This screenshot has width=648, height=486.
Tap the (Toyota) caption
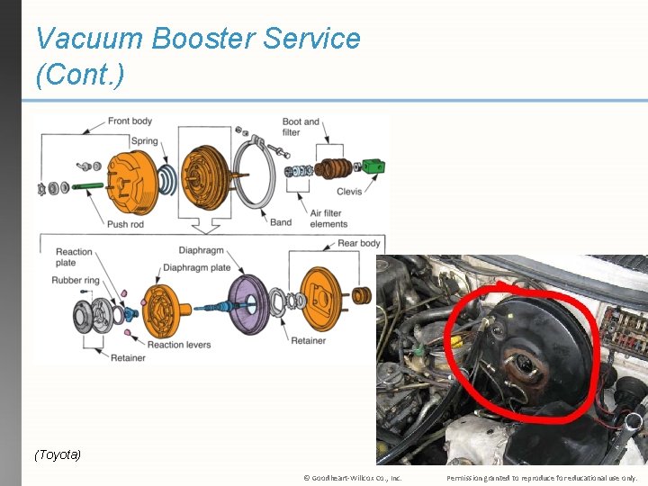(x=58, y=454)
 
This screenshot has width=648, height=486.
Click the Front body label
(x=130, y=121)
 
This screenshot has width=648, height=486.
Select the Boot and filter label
(x=301, y=127)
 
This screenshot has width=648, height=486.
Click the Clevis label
(x=348, y=191)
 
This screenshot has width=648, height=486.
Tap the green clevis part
(x=373, y=166)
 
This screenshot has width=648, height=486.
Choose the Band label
(x=281, y=221)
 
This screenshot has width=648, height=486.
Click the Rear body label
(x=359, y=243)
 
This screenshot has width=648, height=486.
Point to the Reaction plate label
(x=74, y=257)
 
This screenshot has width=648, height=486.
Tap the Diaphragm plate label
(x=196, y=267)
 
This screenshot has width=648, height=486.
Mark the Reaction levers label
(x=180, y=344)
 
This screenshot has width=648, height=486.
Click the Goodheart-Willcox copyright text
(x=352, y=478)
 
